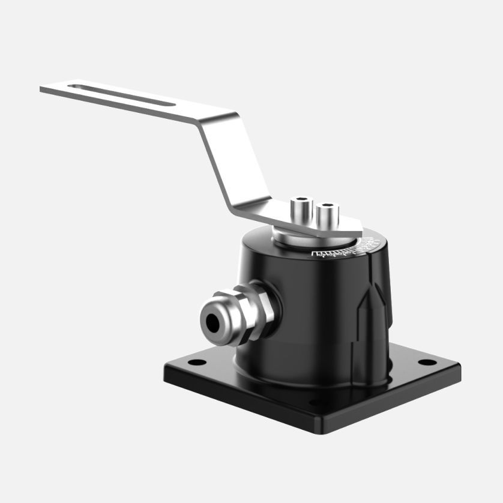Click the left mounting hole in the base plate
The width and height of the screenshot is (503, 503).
click(194, 363)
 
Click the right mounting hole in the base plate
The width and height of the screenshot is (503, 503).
click(426, 362)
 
